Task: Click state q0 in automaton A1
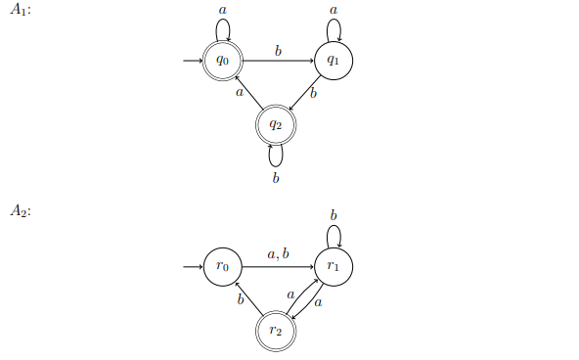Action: click(223, 61)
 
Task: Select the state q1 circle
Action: click(334, 61)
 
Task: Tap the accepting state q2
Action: click(276, 124)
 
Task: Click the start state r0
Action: click(223, 266)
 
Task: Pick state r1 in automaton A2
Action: click(334, 266)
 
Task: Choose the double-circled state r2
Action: click(276, 331)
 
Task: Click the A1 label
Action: click(21, 11)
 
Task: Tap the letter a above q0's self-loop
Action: click(223, 9)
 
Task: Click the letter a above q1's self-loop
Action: click(334, 9)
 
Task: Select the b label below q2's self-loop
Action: click(276, 177)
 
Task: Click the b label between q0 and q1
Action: click(278, 50)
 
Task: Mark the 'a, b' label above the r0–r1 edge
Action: click(278, 254)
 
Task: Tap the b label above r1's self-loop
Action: click(334, 214)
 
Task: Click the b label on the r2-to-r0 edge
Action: click(240, 299)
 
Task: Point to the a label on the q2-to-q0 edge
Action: click(239, 94)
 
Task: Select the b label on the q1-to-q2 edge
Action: click(313, 94)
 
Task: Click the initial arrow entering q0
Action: click(192, 61)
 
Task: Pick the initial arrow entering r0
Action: click(192, 266)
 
